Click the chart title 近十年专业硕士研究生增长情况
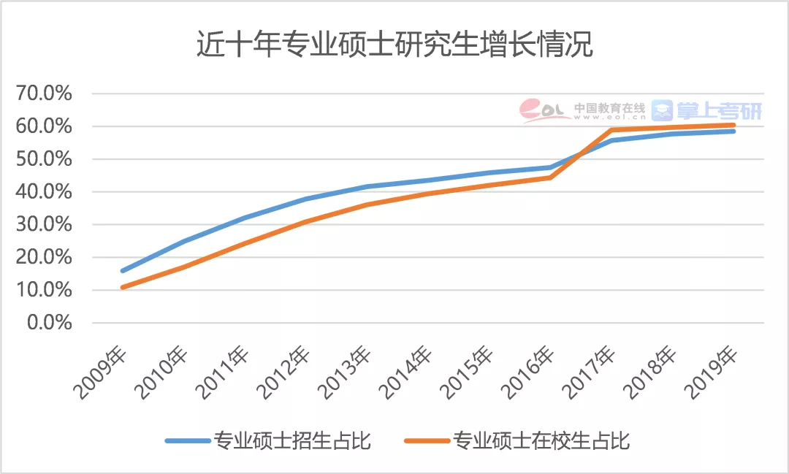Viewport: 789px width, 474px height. pyautogui.click(x=394, y=45)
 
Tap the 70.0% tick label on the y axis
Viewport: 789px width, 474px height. pyautogui.click(x=45, y=93)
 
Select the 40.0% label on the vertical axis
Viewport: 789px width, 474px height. pyautogui.click(x=45, y=192)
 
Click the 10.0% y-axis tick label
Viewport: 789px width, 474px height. pyautogui.click(x=45, y=290)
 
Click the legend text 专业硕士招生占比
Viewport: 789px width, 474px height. pyautogui.click(x=292, y=440)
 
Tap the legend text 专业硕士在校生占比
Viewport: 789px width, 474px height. pyautogui.click(x=541, y=440)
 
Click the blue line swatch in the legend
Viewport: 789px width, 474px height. pyautogui.click(x=187, y=440)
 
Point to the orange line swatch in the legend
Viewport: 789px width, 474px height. pyautogui.click(x=427, y=440)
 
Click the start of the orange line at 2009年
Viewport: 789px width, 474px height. pyautogui.click(x=123, y=287)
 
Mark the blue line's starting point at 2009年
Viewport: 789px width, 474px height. pyautogui.click(x=123, y=271)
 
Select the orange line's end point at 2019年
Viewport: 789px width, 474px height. pyautogui.click(x=733, y=125)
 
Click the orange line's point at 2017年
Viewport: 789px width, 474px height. pyautogui.click(x=611, y=130)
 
